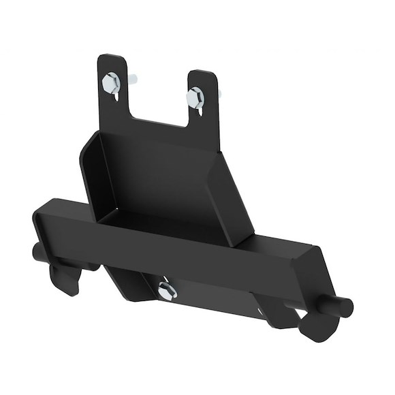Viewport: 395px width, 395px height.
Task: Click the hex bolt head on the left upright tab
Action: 111,84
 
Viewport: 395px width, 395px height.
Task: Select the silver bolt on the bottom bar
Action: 166,291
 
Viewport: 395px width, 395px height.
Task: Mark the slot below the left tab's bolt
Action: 116,99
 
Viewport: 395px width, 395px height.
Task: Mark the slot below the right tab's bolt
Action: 200,112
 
